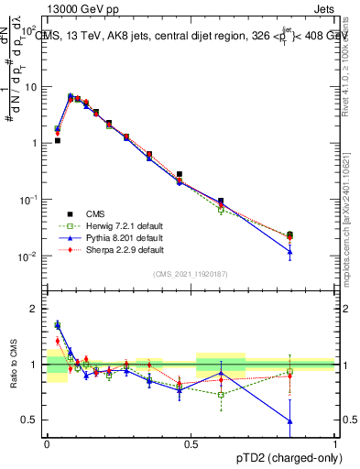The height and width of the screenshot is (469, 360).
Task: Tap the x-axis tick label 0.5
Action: (191, 442)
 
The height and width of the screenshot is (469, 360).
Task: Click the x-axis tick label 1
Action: (335, 442)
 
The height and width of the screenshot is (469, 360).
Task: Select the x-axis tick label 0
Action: (47, 442)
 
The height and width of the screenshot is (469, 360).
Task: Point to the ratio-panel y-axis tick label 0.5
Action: (31, 420)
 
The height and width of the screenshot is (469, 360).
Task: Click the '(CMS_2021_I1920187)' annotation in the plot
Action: (191, 274)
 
